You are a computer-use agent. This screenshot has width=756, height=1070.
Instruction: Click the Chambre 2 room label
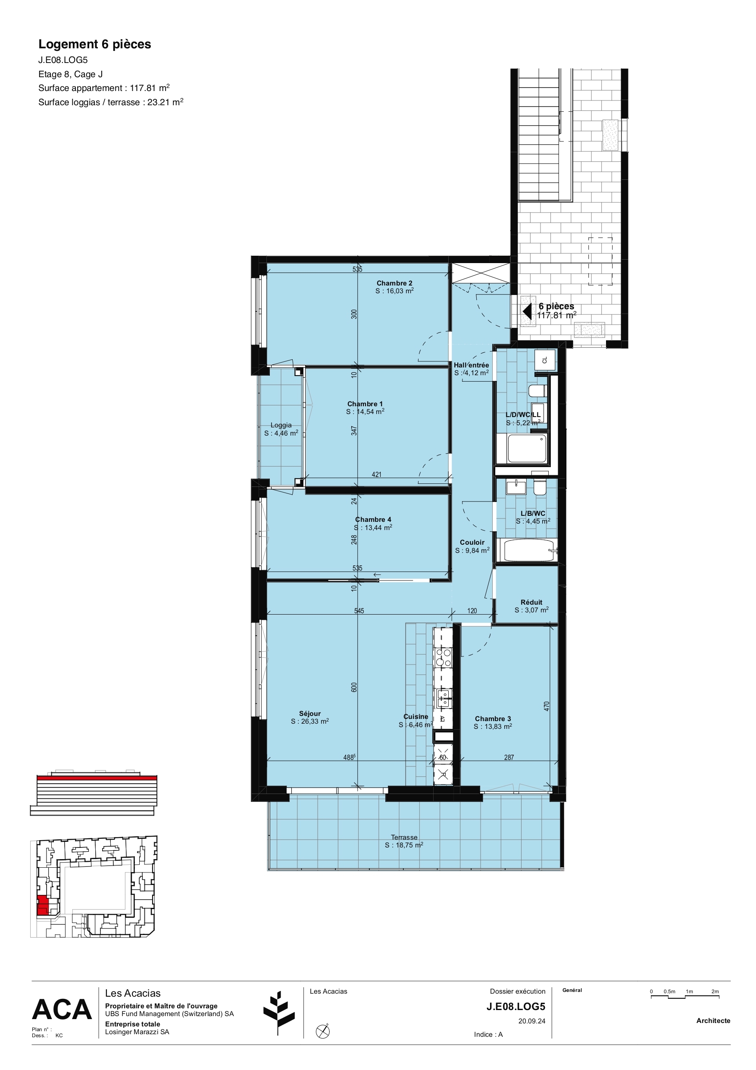click(x=394, y=283)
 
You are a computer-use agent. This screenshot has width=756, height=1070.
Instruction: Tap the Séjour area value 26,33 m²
click(x=310, y=721)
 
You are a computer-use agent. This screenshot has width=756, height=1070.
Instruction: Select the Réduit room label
click(x=531, y=602)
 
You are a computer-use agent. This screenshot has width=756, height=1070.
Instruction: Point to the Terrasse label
click(x=404, y=837)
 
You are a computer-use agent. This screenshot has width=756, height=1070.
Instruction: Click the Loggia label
click(x=281, y=425)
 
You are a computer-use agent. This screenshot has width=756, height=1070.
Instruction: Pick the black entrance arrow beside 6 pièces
click(x=527, y=311)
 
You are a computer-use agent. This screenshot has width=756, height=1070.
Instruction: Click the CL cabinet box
click(x=545, y=360)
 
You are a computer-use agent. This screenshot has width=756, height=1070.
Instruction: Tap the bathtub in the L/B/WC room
click(x=528, y=550)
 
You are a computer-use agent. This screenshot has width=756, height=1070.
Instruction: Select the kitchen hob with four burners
click(x=443, y=657)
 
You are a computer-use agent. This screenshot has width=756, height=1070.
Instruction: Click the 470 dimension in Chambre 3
click(x=547, y=706)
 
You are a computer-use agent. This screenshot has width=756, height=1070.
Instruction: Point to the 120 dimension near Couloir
click(x=472, y=611)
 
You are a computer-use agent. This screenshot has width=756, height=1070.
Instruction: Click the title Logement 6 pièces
click(x=94, y=44)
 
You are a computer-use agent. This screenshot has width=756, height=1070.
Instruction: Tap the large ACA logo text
click(x=62, y=1010)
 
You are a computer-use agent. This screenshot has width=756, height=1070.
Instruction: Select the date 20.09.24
click(x=531, y=1021)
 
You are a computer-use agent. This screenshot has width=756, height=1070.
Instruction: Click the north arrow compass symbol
click(x=322, y=1031)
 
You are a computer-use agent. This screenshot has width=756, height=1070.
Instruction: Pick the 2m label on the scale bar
click(x=715, y=992)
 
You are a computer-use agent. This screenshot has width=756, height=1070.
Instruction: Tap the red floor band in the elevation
click(x=97, y=778)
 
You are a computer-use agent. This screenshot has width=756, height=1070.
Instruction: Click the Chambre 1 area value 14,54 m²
click(x=365, y=412)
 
